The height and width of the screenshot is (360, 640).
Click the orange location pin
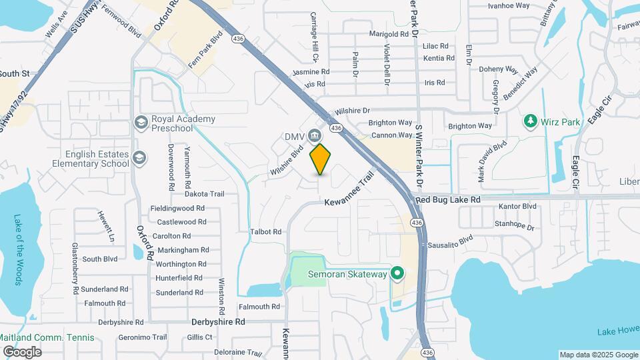tap(321, 159)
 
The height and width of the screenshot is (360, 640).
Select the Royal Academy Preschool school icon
tap(140, 122)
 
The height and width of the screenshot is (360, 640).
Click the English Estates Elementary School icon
tap(139, 158)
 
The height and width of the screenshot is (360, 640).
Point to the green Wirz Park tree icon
tap(530, 121)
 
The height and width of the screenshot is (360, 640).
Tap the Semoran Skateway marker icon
tap(398, 273)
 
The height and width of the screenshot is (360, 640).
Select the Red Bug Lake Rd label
tap(447, 199)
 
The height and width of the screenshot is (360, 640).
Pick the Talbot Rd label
tap(266, 232)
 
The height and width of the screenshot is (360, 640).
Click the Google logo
tap(22, 351)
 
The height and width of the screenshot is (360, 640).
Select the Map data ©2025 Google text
tap(598, 355)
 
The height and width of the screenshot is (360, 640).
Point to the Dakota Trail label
tap(205, 194)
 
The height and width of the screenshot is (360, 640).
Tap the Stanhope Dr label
tap(515, 227)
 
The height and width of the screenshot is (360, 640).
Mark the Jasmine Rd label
tap(311, 71)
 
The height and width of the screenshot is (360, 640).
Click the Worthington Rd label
tap(179, 264)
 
